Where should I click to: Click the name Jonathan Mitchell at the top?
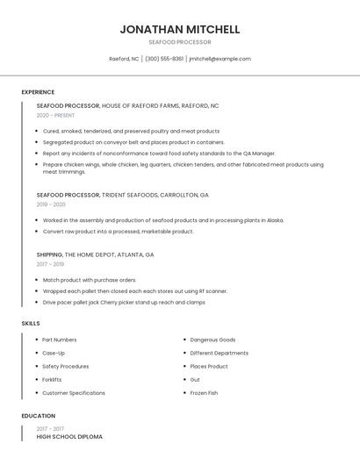coord(180,30)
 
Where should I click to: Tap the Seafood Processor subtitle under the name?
coord(180,42)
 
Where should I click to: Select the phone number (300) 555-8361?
coord(164,59)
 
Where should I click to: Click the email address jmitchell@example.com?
coord(220,59)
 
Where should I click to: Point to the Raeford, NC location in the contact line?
coord(124,59)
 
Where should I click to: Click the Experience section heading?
coord(38,92)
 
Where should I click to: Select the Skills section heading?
coord(31,324)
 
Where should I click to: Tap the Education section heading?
coord(39,416)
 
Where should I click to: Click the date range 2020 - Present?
coord(55,115)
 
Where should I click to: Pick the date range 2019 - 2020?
coord(51,204)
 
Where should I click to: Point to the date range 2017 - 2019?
coord(50,264)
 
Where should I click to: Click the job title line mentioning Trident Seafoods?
coord(123,195)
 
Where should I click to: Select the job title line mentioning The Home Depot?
coord(95,254)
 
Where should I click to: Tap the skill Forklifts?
coord(52,380)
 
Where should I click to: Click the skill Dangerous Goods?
coord(212,340)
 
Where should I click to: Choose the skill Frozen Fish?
coord(204,393)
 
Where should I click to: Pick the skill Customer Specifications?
coord(74,393)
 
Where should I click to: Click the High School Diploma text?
coord(69,436)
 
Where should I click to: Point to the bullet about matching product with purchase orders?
coord(90,280)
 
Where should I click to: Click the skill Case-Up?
coord(54,353)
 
